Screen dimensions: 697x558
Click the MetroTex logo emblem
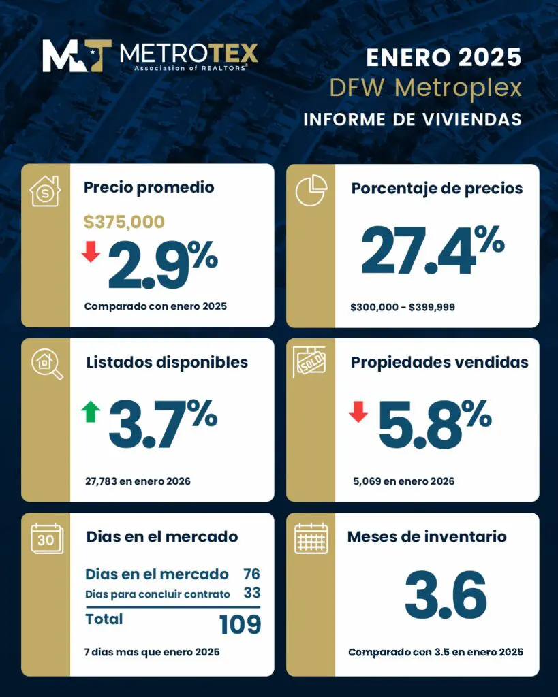coord(76,56)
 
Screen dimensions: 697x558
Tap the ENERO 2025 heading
coord(444,58)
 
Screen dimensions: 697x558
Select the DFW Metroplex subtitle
coord(425,88)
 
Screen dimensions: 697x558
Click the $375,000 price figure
coord(124,221)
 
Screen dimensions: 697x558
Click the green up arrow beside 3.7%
coord(91,411)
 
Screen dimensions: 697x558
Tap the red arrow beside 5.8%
coord(358,411)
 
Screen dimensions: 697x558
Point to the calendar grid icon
coord(311,538)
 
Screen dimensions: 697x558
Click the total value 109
coord(240,624)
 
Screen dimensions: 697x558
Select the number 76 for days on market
coord(251,574)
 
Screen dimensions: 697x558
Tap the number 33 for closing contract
coord(251,594)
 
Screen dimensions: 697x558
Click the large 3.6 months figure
coord(446,594)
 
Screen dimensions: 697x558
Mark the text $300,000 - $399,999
coord(402,307)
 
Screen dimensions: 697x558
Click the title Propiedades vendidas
coord(439,362)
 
